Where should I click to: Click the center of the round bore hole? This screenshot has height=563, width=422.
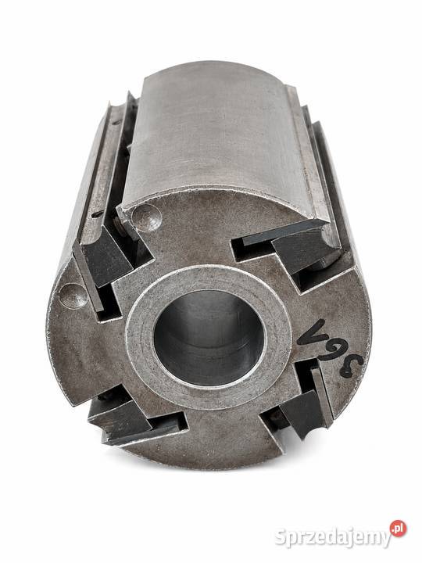(x=209, y=338)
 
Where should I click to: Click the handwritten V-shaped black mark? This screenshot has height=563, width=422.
(x=313, y=332)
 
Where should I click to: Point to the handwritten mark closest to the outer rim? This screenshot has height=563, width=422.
(x=351, y=366)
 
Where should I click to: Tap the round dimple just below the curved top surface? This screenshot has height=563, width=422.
(x=146, y=217)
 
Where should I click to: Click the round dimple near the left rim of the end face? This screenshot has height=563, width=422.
(x=73, y=296)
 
